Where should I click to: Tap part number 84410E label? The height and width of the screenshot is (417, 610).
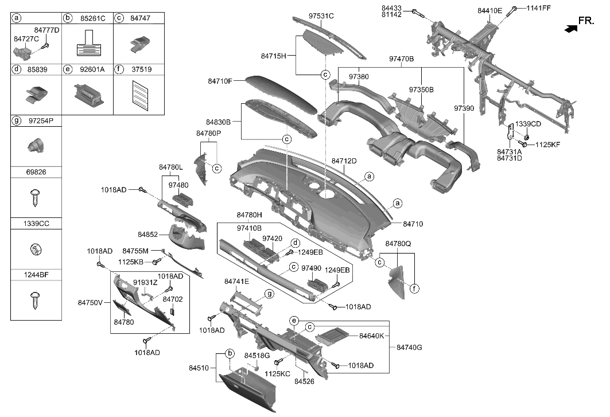[x=489, y=11]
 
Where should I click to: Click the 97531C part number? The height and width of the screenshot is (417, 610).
[x=321, y=16]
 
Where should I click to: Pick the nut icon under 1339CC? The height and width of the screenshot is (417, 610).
[x=33, y=250]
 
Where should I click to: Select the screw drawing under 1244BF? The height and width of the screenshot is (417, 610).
[x=33, y=300]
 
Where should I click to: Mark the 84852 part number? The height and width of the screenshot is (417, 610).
[x=149, y=235]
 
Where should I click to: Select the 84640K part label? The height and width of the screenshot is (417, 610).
[x=371, y=336]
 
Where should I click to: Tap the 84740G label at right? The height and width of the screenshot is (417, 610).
[x=409, y=347]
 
